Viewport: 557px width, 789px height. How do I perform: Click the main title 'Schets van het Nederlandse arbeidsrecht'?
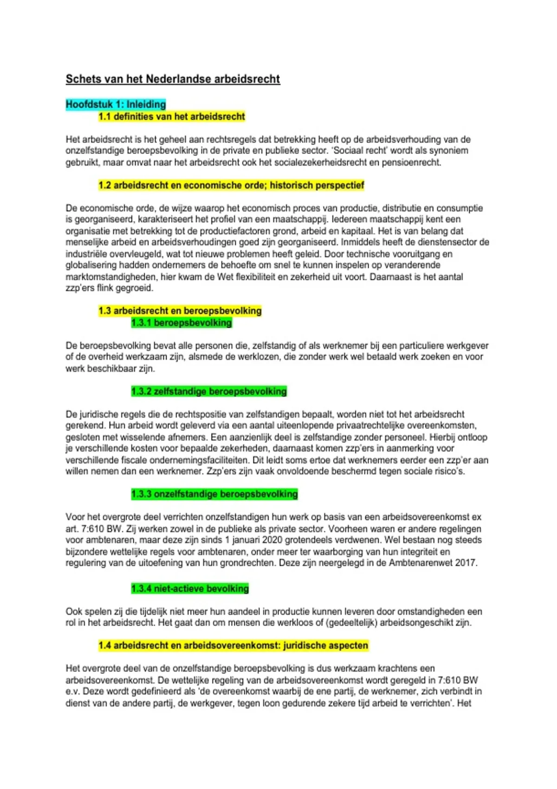[x=173, y=79]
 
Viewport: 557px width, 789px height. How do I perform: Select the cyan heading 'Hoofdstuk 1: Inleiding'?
[x=116, y=104]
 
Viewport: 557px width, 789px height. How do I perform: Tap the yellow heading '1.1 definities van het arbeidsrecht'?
[x=172, y=116]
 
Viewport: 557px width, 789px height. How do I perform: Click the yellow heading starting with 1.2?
[x=231, y=185]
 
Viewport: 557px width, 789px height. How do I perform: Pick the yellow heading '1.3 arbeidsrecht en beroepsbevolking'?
[x=180, y=310]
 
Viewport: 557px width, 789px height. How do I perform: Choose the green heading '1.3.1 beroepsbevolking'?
[x=181, y=323]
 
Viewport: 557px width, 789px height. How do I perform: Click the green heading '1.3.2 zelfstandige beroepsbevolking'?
[x=209, y=391]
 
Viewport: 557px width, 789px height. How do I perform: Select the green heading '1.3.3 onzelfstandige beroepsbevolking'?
[x=214, y=494]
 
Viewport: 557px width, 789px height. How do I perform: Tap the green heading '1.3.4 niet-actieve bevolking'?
[x=190, y=589]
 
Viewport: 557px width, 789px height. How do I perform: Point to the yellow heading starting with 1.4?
[x=233, y=646]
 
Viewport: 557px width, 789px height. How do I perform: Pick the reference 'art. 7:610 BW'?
[x=94, y=529]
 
